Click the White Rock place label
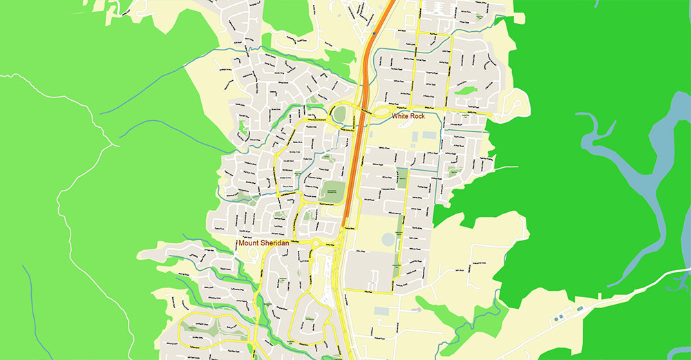coord(408,116)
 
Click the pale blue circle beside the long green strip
coord(388,239)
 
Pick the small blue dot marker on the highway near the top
coord(375,32)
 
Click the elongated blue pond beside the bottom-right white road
coord(561,316)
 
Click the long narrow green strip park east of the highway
coord(398,228)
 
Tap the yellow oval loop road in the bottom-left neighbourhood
coord(207,330)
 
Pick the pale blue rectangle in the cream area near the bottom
coord(381,311)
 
